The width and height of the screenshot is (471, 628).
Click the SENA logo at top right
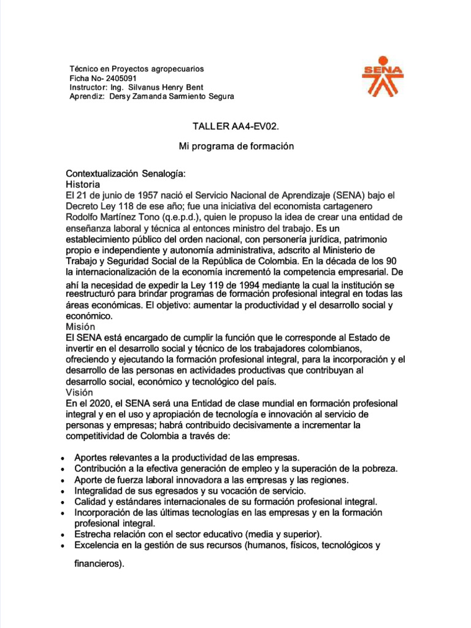(381, 77)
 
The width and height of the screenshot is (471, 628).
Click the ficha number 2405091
(121, 78)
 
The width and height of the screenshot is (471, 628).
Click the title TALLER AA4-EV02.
(236, 126)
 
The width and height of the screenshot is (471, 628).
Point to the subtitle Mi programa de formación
(236, 147)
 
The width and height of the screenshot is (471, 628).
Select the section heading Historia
(83, 184)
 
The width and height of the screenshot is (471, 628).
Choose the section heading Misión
(80, 327)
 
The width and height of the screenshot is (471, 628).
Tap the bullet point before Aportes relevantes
(65, 459)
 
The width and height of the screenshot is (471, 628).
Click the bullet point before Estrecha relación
(65, 535)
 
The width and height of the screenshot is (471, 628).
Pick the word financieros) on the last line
(99, 565)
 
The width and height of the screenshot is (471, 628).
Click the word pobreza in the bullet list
(378, 469)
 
